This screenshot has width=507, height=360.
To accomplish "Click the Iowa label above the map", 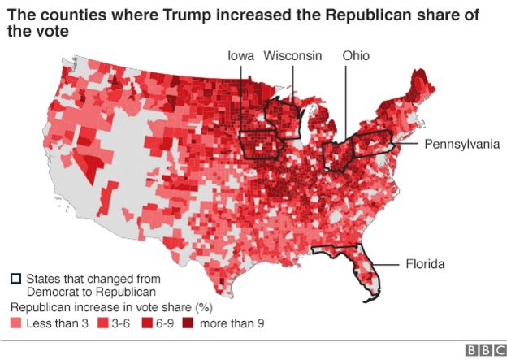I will coord(240,55).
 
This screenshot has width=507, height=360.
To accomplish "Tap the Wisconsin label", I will coord(293,55).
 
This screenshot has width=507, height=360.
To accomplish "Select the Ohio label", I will coord(356,55).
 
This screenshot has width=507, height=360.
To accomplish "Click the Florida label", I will coord(425,264).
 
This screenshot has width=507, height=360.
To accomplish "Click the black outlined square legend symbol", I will coord(15,277).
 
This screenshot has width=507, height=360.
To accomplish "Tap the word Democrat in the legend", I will coord(53,291).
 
